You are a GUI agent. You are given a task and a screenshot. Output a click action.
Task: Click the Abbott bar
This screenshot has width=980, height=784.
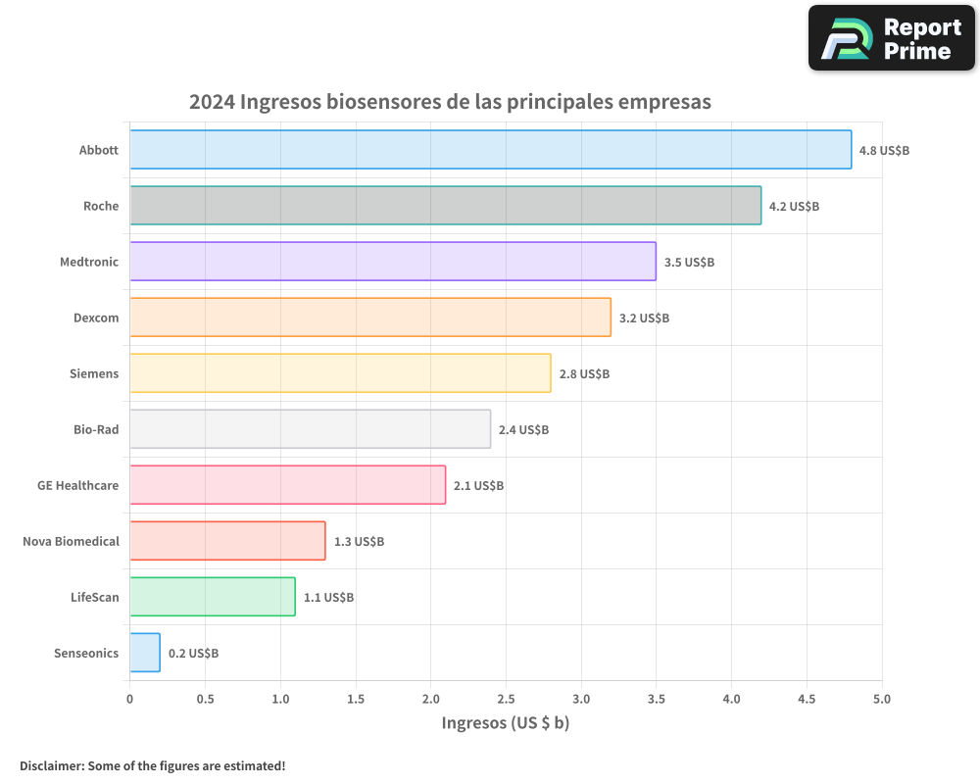coord(490,150)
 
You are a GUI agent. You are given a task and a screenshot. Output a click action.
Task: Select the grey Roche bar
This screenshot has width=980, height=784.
coord(445,206)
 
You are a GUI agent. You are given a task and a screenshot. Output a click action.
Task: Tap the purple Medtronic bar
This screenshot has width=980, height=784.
coord(392,262)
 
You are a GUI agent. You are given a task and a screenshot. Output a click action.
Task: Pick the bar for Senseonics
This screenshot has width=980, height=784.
coord(145,653)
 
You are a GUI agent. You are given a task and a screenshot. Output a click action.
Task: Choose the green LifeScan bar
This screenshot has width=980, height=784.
coord(213,597)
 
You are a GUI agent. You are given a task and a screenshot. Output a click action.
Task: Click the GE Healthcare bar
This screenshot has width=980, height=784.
coord(287,485)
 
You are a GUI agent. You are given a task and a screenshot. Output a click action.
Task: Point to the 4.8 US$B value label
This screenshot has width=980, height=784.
coord(884,151)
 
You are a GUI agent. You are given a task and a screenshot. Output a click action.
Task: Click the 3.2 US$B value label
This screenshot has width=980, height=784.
coord(644,318)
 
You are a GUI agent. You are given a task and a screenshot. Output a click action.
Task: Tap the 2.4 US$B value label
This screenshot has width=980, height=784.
coord(523,430)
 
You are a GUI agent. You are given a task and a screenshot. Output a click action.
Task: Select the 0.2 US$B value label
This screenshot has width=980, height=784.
coord(193,654)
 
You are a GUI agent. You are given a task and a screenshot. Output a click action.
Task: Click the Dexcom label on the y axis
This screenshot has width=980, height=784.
coord(96,318)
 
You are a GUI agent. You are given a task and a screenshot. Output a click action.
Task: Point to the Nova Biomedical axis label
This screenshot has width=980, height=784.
coord(71,541)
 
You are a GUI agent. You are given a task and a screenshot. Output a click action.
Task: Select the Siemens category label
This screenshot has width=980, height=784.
coord(94,373)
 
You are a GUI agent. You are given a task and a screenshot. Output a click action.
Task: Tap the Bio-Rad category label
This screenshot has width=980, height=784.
coord(96,429)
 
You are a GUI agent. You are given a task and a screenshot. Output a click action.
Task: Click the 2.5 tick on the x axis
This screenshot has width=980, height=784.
coord(506,700)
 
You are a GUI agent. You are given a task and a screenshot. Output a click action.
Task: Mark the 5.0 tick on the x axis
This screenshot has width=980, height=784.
coord(882,700)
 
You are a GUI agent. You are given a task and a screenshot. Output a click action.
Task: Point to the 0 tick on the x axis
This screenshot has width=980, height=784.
coord(130,700)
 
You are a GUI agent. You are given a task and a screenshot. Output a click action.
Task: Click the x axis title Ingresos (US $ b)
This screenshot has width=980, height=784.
coord(506,723)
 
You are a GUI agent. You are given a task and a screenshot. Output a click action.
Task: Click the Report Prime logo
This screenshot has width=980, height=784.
coord(892,38)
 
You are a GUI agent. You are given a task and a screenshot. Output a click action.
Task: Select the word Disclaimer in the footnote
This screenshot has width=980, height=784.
coord(50,766)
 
